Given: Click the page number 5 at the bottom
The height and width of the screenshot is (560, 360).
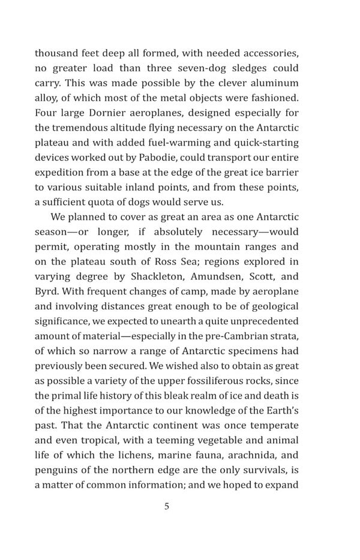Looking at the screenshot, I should pos(167,506).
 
